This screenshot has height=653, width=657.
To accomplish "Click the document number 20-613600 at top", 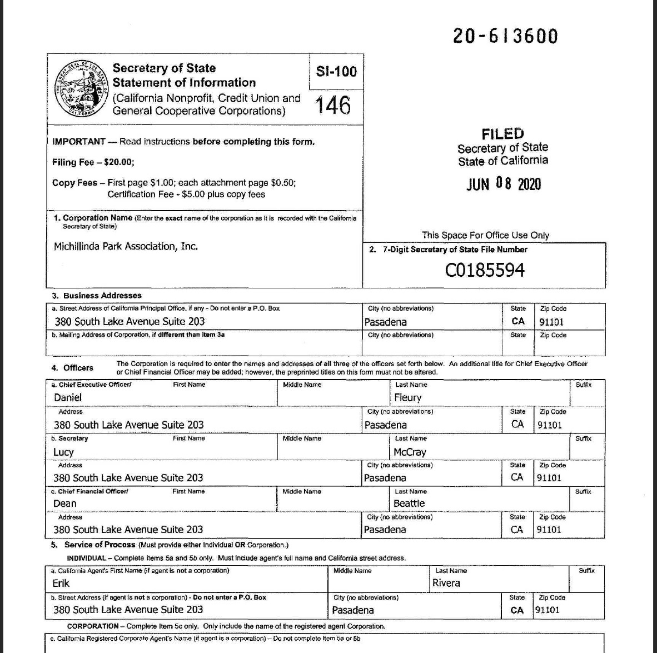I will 505,36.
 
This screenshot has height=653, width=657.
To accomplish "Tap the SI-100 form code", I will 336,71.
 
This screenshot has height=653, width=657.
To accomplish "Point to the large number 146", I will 333,104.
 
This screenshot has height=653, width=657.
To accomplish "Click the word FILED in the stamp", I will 502,134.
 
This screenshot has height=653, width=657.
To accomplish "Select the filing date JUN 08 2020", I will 503,184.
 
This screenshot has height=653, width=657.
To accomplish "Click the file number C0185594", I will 485,270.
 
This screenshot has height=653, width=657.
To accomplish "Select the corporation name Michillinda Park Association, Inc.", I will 126,246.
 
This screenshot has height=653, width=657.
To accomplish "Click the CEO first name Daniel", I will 68,397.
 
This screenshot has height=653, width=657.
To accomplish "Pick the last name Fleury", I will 407,397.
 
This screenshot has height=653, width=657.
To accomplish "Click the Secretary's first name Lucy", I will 63,452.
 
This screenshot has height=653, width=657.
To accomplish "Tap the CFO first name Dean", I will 65,504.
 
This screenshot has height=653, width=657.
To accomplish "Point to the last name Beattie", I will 409,504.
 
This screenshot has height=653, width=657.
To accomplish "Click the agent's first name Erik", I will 61,583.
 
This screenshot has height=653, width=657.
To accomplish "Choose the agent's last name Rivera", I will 446,583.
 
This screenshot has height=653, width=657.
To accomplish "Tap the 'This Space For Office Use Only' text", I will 485,235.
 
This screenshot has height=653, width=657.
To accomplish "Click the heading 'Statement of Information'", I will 184,83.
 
